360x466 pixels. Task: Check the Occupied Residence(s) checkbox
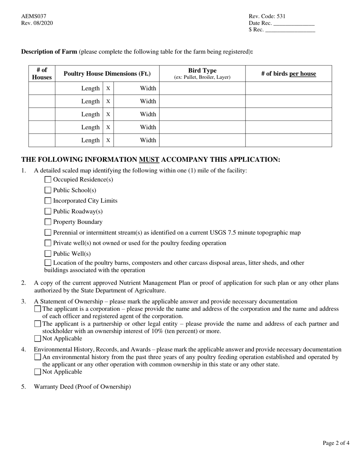point(48,180)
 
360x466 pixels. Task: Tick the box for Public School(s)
point(48,190)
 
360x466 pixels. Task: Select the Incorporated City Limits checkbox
point(48,201)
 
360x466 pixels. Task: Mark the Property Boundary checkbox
point(48,222)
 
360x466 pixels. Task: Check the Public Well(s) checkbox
point(48,254)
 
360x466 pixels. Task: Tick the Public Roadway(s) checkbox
point(48,211)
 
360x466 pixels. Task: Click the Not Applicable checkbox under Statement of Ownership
point(38,339)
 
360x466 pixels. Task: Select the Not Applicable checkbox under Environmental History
point(38,372)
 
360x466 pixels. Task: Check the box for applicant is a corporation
point(38,309)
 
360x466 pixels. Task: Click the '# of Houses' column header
point(42,73)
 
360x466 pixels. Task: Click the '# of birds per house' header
point(288,74)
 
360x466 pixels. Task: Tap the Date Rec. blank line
point(294,23)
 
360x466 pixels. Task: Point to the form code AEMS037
point(34,16)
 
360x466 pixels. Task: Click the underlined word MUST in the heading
point(149,160)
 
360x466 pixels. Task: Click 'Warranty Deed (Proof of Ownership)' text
point(82,387)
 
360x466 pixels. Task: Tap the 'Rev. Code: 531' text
point(267,16)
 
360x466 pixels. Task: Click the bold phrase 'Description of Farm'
point(49,52)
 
